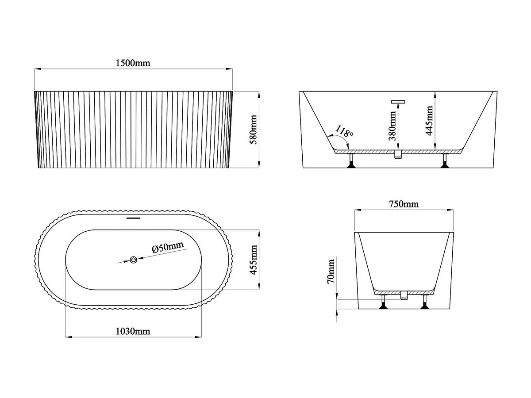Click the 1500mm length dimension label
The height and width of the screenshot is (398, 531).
tap(133, 63)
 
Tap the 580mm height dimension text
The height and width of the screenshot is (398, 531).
tap(253, 130)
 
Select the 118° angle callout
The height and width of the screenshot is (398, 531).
tap(344, 131)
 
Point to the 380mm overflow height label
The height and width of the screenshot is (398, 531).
tap(392, 126)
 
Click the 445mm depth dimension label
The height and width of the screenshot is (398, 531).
tap(429, 120)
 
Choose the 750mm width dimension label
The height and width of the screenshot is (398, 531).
tap(404, 204)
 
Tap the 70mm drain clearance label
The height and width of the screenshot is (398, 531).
tap(331, 271)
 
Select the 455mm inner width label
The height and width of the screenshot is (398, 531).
tap(253, 260)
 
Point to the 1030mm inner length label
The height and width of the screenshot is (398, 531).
tap(133, 331)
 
